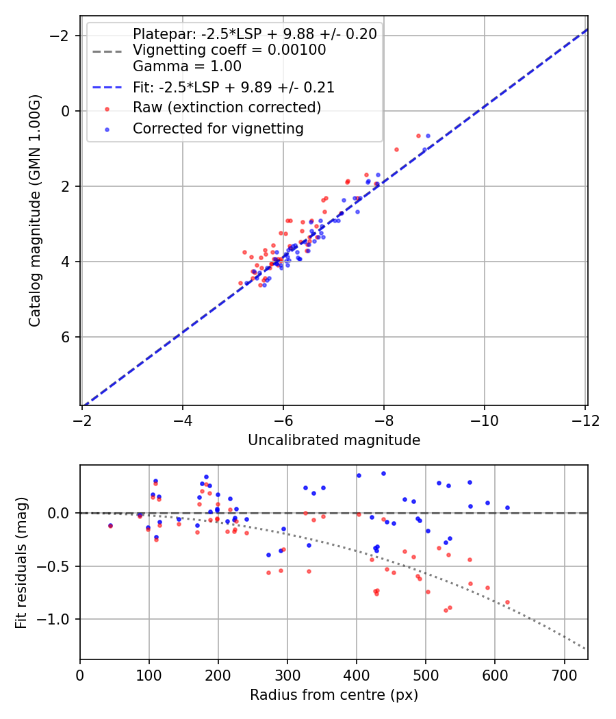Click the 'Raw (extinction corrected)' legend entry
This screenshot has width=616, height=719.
(x=227, y=108)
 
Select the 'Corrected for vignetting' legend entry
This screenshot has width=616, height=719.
(x=218, y=128)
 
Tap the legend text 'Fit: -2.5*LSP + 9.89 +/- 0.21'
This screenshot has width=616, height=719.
(x=233, y=88)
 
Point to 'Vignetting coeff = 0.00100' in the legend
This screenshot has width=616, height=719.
(x=229, y=50)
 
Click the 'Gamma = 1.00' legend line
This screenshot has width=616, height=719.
(x=187, y=66)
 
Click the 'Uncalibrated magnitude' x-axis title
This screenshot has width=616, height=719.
(x=334, y=440)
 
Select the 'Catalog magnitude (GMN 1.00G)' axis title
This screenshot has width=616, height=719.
(x=35, y=211)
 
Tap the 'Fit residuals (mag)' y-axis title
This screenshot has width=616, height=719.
(x=22, y=562)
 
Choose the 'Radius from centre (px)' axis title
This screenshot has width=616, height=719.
(x=334, y=695)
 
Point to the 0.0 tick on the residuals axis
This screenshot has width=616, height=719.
(x=62, y=513)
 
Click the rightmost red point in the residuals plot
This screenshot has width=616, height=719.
(x=507, y=603)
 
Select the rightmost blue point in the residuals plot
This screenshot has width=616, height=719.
(x=507, y=507)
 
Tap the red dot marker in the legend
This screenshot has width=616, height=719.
(x=107, y=108)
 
